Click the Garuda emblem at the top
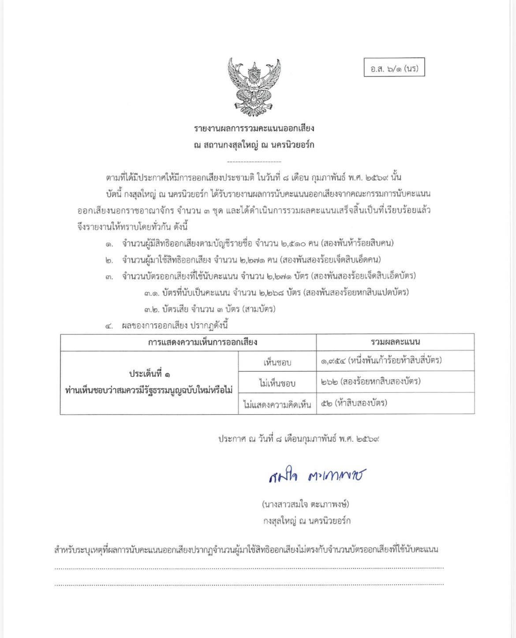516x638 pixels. tap(254, 87)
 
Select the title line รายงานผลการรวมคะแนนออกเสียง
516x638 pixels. tap(254, 128)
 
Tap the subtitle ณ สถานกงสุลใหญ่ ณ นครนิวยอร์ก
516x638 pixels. tap(254, 145)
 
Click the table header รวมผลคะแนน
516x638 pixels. tap(395, 341)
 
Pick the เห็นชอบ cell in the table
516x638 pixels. tap(277, 362)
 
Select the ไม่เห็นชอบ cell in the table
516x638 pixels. tap(277, 382)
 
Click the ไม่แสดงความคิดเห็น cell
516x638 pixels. tap(277, 404)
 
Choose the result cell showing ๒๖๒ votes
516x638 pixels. tap(371, 381)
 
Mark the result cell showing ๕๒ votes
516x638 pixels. tap(354, 402)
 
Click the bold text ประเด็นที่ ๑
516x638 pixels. tap(150, 374)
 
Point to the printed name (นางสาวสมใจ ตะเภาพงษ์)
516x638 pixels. tap(305, 504)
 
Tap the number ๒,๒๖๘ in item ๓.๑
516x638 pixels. tap(282, 292)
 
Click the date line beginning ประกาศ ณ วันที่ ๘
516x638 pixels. tap(299, 439)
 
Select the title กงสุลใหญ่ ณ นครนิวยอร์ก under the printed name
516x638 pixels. tap(307, 520)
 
